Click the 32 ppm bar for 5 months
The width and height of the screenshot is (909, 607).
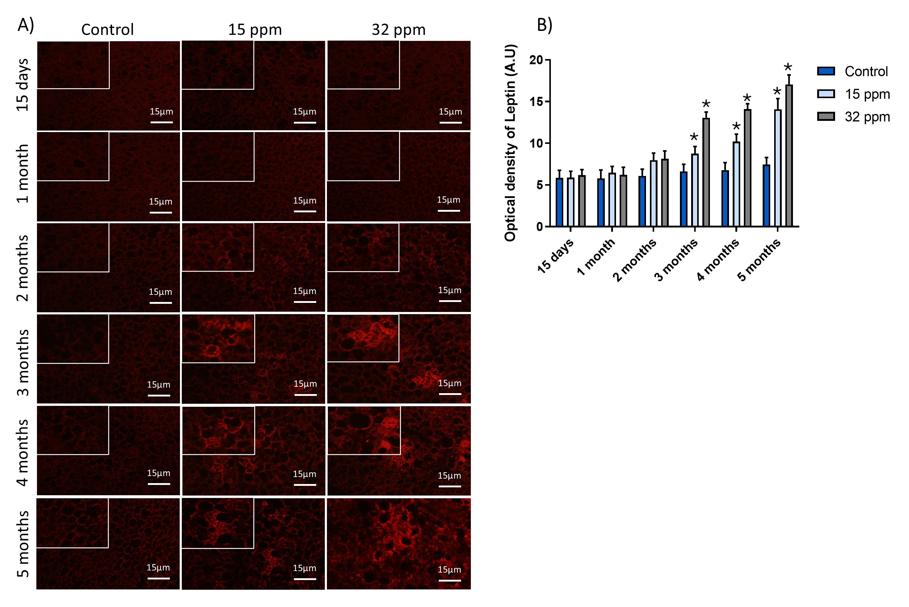[789, 156]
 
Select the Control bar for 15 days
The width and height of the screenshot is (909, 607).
[559, 202]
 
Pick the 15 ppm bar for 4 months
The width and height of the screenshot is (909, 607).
[736, 184]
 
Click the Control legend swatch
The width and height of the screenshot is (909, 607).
[826, 71]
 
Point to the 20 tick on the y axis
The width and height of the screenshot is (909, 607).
[547, 60]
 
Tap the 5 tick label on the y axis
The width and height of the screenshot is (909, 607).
[540, 185]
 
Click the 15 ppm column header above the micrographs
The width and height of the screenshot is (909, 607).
[255, 30]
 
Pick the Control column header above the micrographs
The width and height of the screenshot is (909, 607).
[108, 30]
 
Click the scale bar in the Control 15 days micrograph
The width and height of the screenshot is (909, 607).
[161, 122]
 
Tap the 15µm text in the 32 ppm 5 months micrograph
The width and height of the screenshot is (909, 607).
[449, 570]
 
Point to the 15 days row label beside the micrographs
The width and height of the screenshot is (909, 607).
[23, 85]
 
